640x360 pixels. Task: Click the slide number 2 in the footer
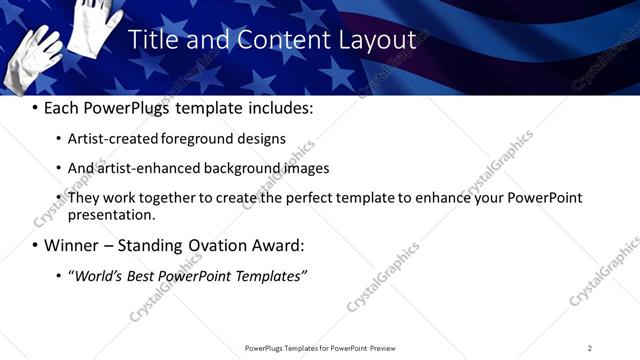click(589, 348)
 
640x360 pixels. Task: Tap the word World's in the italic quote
click(99, 275)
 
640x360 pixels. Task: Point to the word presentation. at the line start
click(111, 214)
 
